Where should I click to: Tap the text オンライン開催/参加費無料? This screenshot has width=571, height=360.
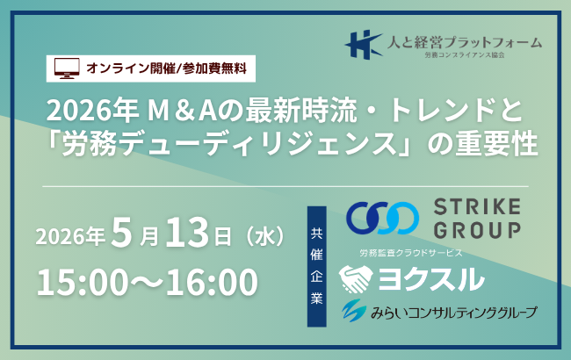(x=164, y=66)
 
